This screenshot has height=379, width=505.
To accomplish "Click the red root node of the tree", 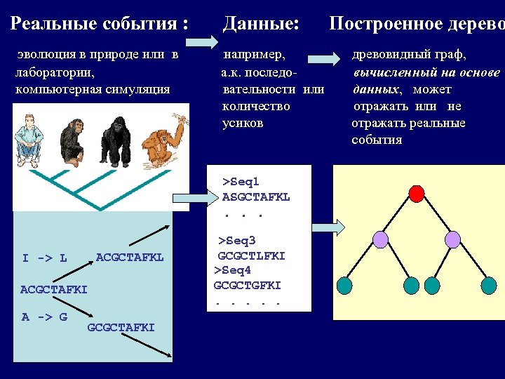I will [x=416, y=193].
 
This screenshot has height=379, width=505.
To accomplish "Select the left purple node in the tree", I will [x=379, y=239].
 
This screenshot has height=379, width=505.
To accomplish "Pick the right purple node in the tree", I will [x=451, y=239].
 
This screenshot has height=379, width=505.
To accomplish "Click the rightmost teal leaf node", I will [x=488, y=285].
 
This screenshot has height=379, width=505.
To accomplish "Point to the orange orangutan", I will [x=164, y=137].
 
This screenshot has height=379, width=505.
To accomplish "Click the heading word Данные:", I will [x=261, y=24].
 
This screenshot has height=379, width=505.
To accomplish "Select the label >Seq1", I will [x=241, y=182].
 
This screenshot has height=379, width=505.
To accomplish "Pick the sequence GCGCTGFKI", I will [x=247, y=286].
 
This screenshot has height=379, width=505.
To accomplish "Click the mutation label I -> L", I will [x=44, y=258].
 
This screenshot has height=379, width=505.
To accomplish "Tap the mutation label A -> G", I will [x=44, y=317].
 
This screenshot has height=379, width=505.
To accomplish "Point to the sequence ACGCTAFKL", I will [x=130, y=258].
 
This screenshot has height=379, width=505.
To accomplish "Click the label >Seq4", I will [x=232, y=270].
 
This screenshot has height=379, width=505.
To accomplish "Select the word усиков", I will [x=243, y=124].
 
